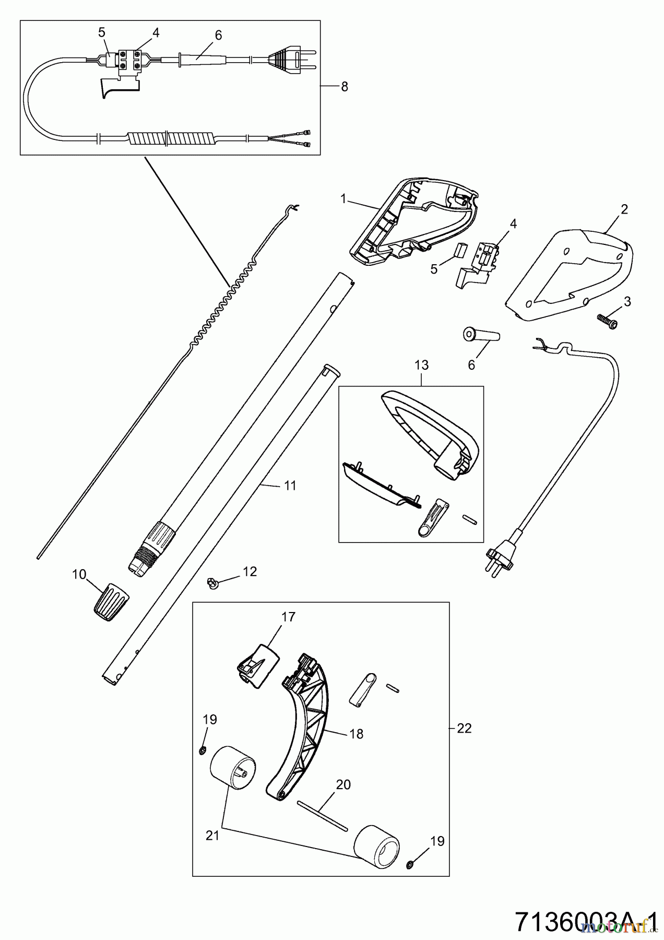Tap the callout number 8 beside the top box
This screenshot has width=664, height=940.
coord(344,87)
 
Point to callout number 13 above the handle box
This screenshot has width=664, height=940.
coord(421,365)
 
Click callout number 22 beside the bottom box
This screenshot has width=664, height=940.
coord(464,728)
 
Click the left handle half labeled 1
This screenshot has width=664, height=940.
coord(412,222)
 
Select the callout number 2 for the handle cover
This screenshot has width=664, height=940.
coord(624,209)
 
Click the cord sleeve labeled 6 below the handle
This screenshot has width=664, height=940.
coord(481,335)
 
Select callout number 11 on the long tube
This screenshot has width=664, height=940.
coord(290,486)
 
